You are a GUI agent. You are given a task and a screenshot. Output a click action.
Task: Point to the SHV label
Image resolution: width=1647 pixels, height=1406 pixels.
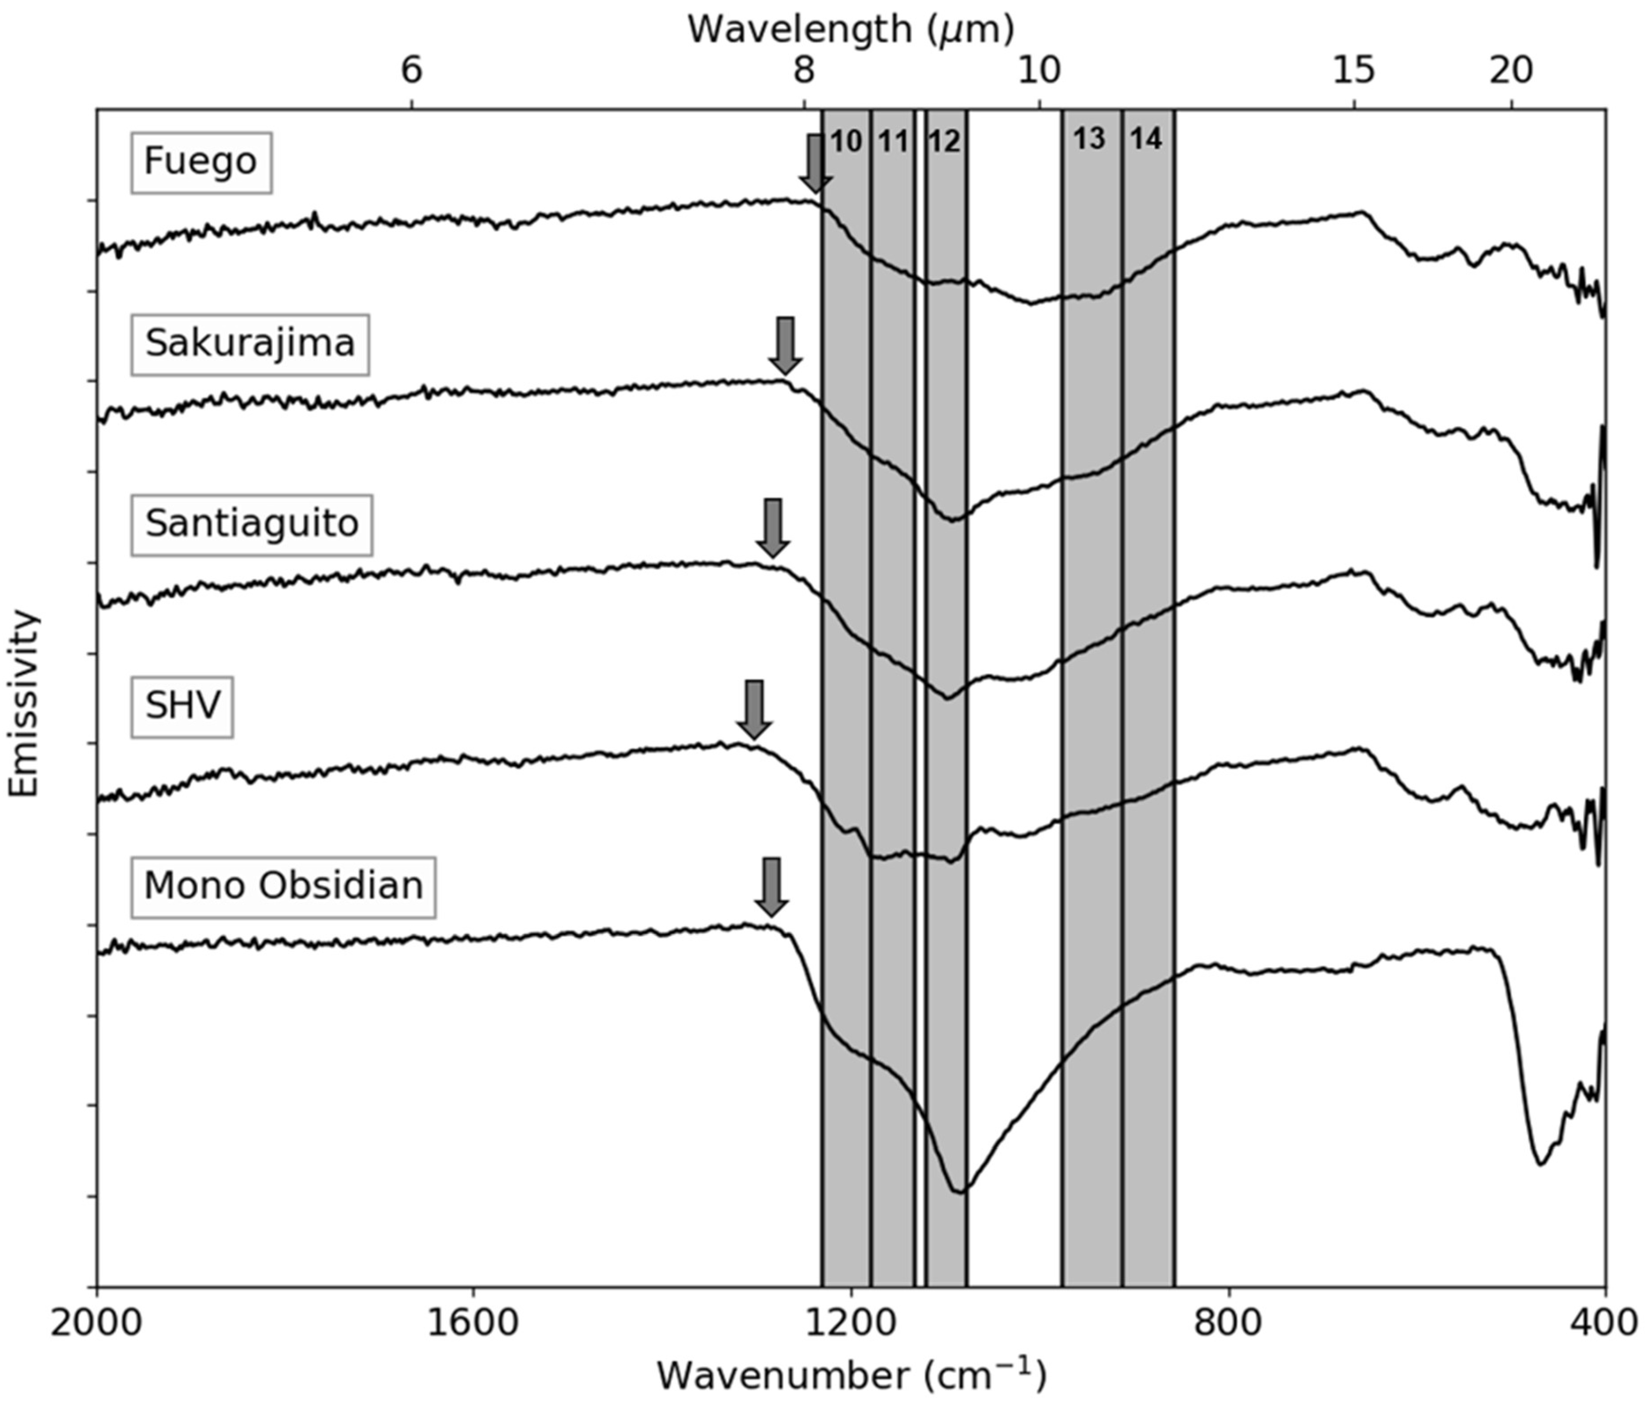point(182,706)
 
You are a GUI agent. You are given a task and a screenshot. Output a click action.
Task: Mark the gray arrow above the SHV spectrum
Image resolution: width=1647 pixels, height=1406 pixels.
point(754,708)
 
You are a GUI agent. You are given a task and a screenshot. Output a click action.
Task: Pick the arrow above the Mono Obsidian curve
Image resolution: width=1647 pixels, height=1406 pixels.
point(771,887)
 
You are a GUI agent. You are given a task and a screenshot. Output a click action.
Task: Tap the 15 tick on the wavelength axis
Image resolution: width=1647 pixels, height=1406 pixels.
point(1354,72)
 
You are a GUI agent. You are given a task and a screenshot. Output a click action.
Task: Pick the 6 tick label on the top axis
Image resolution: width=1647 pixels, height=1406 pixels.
point(411,72)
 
